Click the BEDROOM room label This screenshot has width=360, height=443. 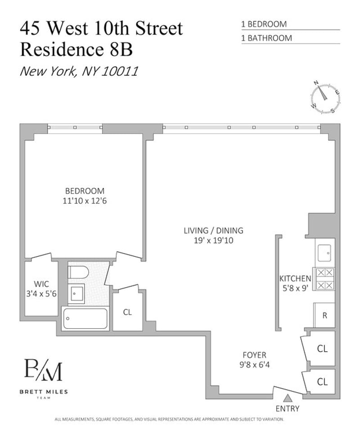click(85, 191)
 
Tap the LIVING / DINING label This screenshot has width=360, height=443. click(213, 231)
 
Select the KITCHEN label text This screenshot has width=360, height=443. click(295, 279)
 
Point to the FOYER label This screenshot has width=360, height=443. click(254, 355)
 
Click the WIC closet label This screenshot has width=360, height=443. click(41, 284)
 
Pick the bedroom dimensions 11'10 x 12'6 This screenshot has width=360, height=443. click(85, 201)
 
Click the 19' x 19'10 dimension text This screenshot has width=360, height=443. click(213, 240)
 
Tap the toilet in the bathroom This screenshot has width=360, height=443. click(78, 272)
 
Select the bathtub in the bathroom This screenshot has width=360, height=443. click(85, 318)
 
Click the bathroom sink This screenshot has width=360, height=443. click(76, 294)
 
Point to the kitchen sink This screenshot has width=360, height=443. click(324, 253)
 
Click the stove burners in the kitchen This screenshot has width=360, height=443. click(325, 279)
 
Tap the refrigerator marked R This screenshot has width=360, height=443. click(324, 315)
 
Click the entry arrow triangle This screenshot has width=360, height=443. click(288, 398)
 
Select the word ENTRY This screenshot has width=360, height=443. click(288, 408)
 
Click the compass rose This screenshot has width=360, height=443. click(325, 98)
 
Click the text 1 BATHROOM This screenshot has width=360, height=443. click(266, 38)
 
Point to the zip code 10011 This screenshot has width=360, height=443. click(119, 71)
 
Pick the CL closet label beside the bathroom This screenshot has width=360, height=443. click(127, 312)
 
